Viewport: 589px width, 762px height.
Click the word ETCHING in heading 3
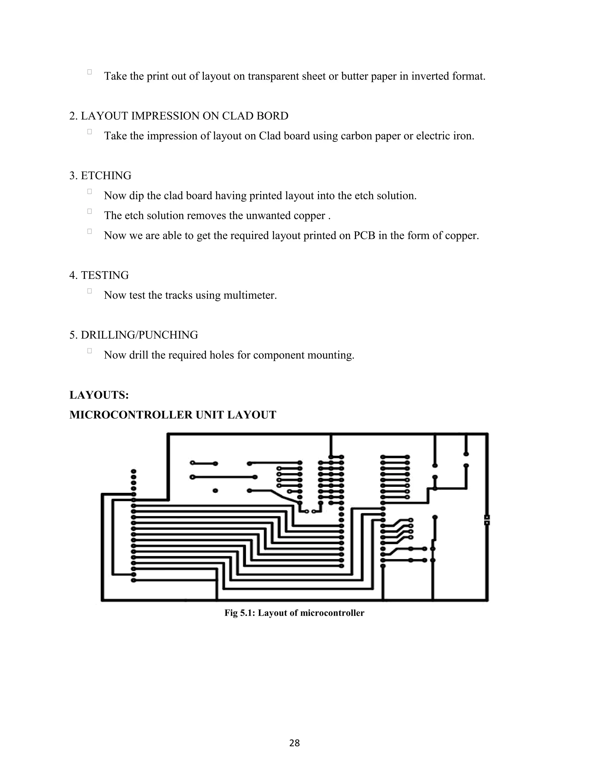click(106, 175)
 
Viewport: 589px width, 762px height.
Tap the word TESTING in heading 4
click(105, 275)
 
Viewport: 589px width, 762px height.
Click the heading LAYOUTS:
click(99, 395)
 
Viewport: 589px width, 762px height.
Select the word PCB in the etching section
click(364, 236)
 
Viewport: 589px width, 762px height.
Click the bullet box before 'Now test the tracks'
click(90, 291)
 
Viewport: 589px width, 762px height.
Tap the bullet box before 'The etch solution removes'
click(90, 211)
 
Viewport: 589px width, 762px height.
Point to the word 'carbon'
click(356, 136)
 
